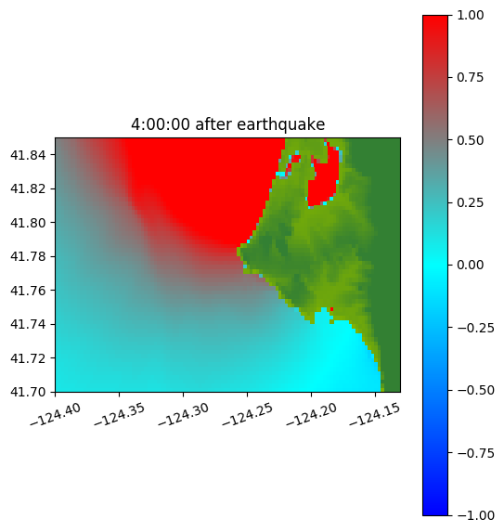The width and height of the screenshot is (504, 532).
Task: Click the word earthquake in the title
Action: pos(281,124)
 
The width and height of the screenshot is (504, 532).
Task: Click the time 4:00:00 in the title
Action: pos(160,124)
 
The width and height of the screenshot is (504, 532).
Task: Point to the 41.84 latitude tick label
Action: pos(28,155)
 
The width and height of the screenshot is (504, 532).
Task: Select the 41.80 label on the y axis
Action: pos(28,223)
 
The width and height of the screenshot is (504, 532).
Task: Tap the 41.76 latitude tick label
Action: pos(28,291)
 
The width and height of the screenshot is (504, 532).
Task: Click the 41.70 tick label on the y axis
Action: pos(28,392)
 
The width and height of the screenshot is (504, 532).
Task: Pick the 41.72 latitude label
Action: pos(28,358)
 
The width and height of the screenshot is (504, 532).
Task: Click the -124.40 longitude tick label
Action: pos(56,415)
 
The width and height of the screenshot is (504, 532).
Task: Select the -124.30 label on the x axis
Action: pos(184,415)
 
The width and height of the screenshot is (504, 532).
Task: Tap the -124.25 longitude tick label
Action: pos(247,415)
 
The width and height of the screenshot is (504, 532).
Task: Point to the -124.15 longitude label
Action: pos(375,415)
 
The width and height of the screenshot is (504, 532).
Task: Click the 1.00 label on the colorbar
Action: pos(470,15)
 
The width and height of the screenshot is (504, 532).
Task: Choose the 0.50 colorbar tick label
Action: pos(470,140)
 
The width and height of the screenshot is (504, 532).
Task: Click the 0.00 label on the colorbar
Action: pos(470,265)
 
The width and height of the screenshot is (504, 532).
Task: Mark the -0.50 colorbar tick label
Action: pos(475,390)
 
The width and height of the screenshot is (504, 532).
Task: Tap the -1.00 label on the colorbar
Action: pos(475,515)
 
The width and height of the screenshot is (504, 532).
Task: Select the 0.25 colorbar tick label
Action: pos(470,202)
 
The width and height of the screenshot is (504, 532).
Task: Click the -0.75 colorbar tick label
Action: pos(475,453)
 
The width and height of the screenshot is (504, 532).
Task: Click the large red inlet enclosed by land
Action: pos(324,183)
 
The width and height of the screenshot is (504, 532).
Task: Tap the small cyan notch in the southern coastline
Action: pos(322,315)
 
